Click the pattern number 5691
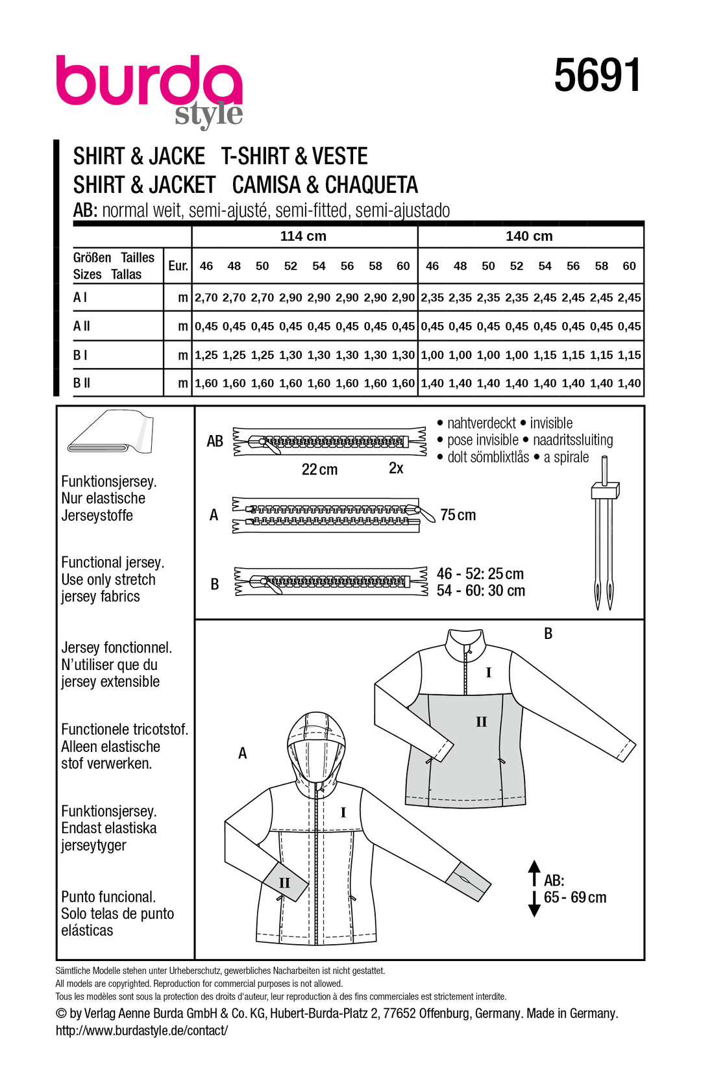pos(597,76)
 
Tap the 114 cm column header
pos(303,236)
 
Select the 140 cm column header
pos(529,236)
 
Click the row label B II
pos(82,383)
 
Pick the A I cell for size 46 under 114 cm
pos(206,298)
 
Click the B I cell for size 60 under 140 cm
pos(629,355)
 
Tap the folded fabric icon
pos(111,432)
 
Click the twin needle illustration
pos(604,532)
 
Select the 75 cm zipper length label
pos(458,515)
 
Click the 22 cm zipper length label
pos(319,469)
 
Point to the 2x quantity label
pos(396,468)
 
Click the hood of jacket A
pos(316,747)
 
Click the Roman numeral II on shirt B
pos(481,722)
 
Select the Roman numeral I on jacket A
pos(343,812)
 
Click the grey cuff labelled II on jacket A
pos(283,882)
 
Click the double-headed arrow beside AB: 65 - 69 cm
pos(534,888)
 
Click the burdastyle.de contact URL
pos(141,1030)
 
